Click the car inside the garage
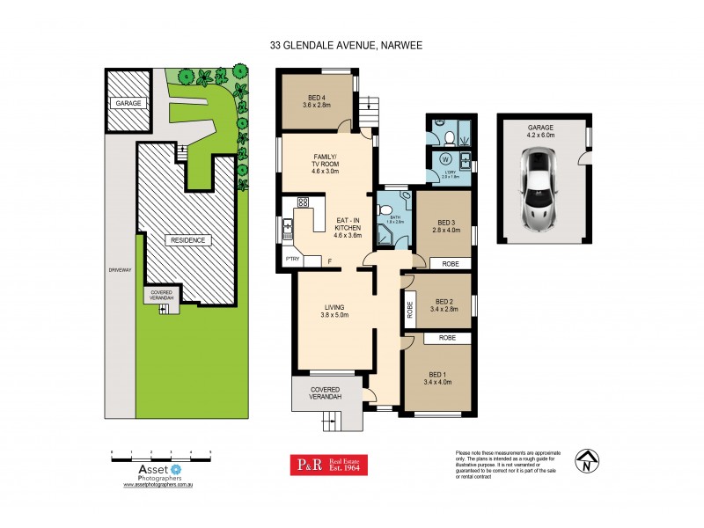click(x=539, y=187)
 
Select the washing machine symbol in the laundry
click(x=444, y=160)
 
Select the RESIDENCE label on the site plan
click(x=188, y=239)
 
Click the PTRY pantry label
click(x=294, y=259)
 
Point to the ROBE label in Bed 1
click(x=437, y=337)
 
